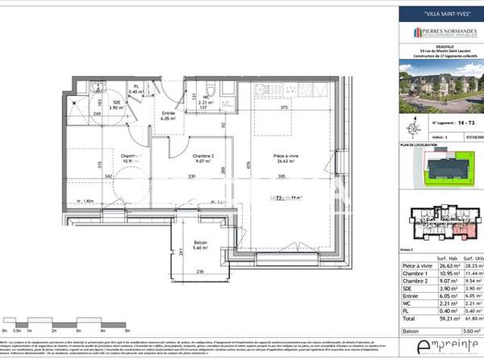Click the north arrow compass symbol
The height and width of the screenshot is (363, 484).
[413, 125]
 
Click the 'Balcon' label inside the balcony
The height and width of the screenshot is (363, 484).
[201, 244]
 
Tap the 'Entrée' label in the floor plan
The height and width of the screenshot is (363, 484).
[168, 114]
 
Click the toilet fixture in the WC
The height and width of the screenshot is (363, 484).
[209, 89]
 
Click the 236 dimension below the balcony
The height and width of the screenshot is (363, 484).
[200, 272]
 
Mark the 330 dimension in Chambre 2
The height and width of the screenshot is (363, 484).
[192, 176]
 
